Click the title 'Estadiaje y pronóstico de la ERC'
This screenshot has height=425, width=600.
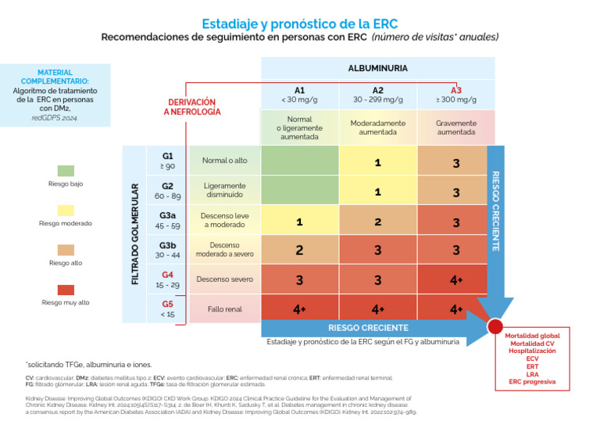[x=299, y=23]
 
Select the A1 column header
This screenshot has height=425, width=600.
[x=299, y=94]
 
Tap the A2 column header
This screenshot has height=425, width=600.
[x=377, y=94]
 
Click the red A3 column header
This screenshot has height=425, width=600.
[x=456, y=94]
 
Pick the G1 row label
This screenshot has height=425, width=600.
[x=167, y=160]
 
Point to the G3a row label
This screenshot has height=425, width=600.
[x=167, y=220]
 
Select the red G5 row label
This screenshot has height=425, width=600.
[x=167, y=308]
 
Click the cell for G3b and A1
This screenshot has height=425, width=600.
[x=299, y=250]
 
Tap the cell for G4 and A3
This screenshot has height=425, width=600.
[x=456, y=279]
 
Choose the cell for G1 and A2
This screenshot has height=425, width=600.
[x=377, y=162]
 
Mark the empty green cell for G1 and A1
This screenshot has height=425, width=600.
[x=299, y=160]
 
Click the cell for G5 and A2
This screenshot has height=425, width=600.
[x=377, y=309]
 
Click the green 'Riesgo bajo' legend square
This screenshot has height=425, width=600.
[x=66, y=170]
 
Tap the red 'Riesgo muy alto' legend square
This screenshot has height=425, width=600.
[x=66, y=288]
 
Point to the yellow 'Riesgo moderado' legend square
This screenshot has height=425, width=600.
[x=66, y=209]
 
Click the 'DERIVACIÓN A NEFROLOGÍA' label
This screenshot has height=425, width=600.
[x=192, y=107]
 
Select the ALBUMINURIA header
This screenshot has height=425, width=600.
[x=377, y=68]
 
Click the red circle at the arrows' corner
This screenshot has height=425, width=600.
[x=495, y=326]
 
